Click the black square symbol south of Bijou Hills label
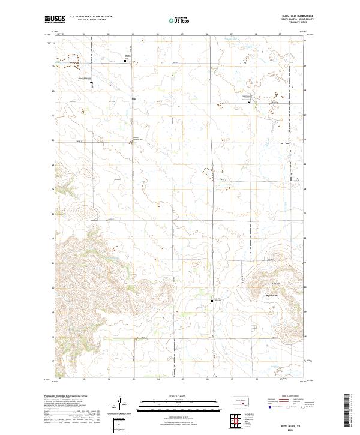click(212, 301)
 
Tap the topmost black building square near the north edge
click(125, 61)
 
